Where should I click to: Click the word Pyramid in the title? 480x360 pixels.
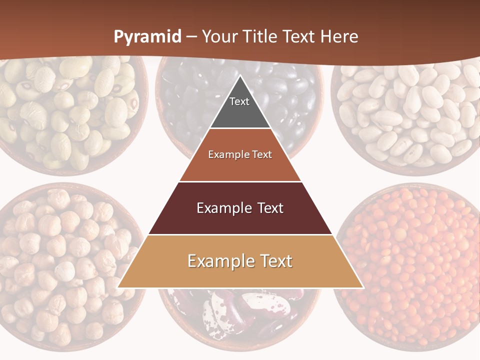pyautogui.click(x=147, y=37)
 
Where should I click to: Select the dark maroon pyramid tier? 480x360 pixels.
pyautogui.click(x=240, y=220)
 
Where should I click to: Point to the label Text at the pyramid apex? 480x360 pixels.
pyautogui.click(x=239, y=101)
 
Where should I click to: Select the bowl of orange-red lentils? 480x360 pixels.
pyautogui.click(x=410, y=265)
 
